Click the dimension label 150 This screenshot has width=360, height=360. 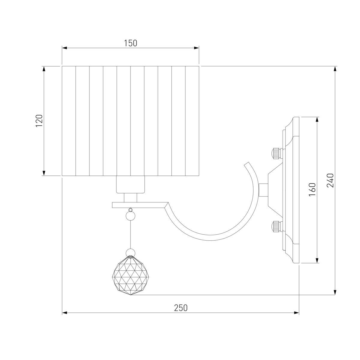click(x=130, y=43)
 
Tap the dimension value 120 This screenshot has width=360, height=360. click(x=39, y=121)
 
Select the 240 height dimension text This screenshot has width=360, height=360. click(x=330, y=180)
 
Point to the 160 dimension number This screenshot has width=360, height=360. click(x=312, y=189)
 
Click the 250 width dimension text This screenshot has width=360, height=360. click(x=181, y=308)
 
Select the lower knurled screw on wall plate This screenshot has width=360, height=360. click(x=277, y=226)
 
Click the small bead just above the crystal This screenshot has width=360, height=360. click(x=130, y=253)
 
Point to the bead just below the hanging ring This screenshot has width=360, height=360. click(x=130, y=216)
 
